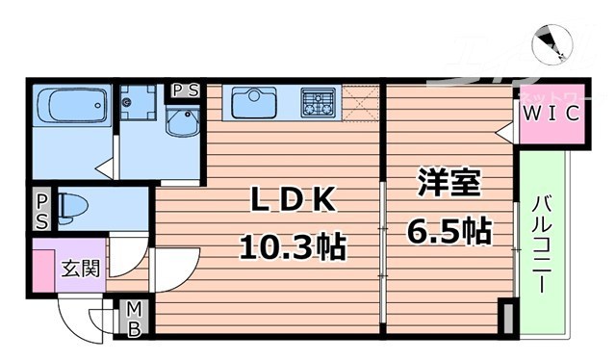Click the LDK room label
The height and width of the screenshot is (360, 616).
[293, 199]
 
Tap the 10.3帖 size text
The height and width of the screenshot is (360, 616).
[292, 248]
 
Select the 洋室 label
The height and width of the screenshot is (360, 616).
[449, 183]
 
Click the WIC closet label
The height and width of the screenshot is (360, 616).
[551, 115]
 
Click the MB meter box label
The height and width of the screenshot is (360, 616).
[134, 319]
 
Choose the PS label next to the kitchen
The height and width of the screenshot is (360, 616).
[185, 91]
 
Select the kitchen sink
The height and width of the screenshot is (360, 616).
[253, 101]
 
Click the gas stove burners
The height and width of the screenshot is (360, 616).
[319, 101]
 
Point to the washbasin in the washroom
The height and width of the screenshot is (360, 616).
[181, 122]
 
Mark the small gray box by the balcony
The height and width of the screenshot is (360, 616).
[506, 317]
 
